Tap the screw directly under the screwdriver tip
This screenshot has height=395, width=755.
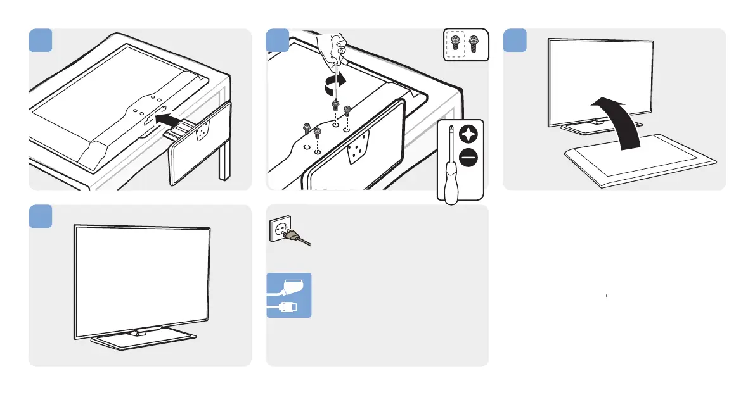click(x=335, y=104)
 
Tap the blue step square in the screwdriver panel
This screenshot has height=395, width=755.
click(x=277, y=40)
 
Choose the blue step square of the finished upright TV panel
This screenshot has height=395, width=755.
click(x=40, y=216)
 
